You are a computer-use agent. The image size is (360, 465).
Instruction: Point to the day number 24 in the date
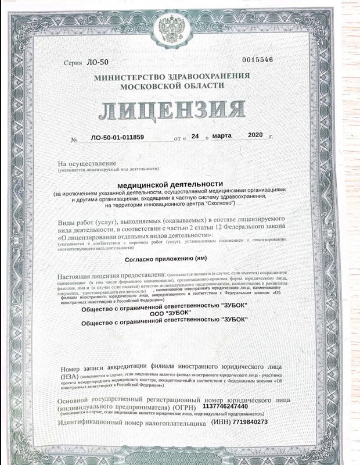[195, 137]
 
